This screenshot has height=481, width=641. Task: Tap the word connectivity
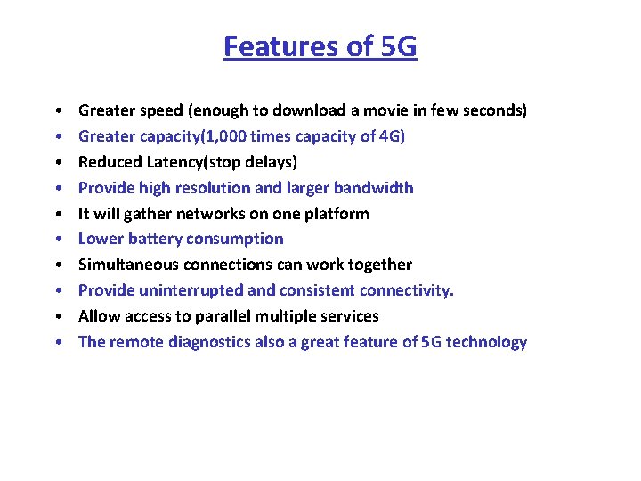point(409,290)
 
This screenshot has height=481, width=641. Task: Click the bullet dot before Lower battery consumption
point(56,240)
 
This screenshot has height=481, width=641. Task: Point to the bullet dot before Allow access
point(56,317)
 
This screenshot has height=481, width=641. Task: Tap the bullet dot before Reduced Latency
point(56,163)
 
